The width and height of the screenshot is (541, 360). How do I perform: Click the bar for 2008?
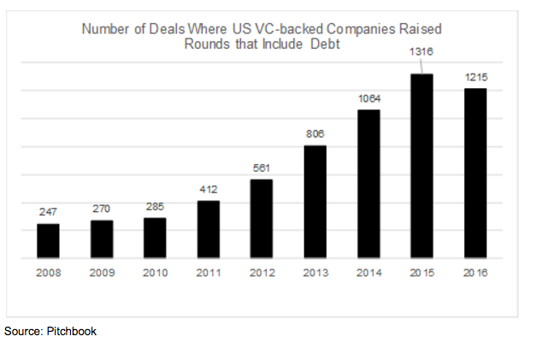[49, 240]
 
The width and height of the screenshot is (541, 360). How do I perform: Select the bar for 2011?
[209, 228]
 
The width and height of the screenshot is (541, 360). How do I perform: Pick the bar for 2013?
[315, 201]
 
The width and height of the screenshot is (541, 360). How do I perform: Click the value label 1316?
[421, 52]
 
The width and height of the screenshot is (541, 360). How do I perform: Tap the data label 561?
[262, 167]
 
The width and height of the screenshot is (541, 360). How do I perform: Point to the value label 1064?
[368, 99]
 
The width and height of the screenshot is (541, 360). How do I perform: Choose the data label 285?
[155, 206]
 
